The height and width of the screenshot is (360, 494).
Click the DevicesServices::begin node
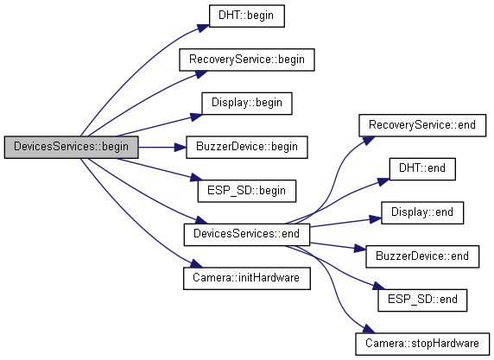[x=71, y=147]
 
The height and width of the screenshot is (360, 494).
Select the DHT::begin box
[x=247, y=16]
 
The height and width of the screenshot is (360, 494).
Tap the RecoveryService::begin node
[x=247, y=60]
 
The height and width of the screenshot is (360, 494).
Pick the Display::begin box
[x=247, y=104]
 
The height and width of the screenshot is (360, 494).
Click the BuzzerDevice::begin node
[x=247, y=147]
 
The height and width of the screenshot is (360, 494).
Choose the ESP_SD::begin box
[x=247, y=191]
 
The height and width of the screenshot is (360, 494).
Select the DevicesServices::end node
[x=247, y=235]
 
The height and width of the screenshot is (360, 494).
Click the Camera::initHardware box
[x=247, y=279]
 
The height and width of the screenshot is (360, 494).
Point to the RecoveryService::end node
[x=422, y=125]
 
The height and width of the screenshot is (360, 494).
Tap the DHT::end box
[x=422, y=169]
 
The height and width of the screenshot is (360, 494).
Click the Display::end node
[x=422, y=213]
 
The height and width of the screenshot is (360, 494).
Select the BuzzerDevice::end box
[x=422, y=256]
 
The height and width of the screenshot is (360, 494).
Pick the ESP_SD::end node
[x=422, y=300]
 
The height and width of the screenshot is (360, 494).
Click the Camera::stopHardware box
[x=422, y=344]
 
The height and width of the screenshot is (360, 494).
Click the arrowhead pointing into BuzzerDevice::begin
[x=180, y=147]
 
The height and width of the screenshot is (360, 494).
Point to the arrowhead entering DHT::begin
[x=204, y=28]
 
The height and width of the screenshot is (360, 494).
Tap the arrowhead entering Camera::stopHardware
[x=369, y=329]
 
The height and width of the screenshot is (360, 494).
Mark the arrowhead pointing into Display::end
[x=376, y=219]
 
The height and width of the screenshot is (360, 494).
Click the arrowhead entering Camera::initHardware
[x=196, y=263]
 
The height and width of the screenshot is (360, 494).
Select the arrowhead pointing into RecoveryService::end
[x=369, y=140]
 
